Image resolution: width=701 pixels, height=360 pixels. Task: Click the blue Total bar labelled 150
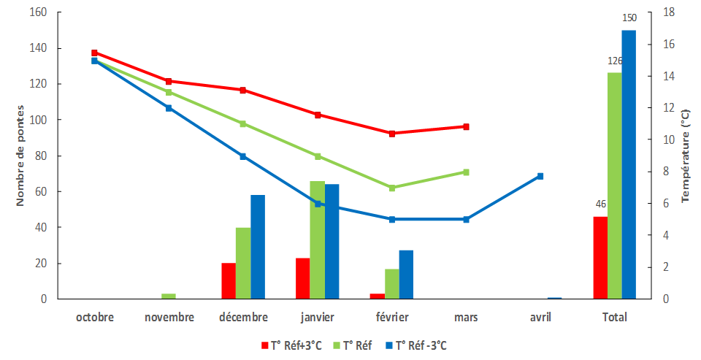629,164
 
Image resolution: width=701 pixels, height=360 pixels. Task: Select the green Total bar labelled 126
615,185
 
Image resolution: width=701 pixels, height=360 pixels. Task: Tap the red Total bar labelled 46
600,257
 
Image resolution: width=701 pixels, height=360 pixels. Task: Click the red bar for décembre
229,280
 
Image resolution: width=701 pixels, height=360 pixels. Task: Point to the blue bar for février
406,275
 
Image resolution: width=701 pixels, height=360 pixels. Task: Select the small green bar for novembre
169,296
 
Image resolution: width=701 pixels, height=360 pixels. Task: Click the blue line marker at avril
540,176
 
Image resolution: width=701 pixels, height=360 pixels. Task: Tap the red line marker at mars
466,126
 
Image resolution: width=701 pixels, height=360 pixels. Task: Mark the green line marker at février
392,188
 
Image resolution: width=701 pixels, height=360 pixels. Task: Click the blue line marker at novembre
169,108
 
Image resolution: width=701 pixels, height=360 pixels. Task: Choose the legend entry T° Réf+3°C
291,345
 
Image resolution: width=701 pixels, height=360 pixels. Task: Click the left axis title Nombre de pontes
20,156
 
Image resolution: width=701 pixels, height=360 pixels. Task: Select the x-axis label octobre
95,317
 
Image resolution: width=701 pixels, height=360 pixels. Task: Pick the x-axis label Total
614,317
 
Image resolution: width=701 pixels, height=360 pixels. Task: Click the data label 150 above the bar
629,18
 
